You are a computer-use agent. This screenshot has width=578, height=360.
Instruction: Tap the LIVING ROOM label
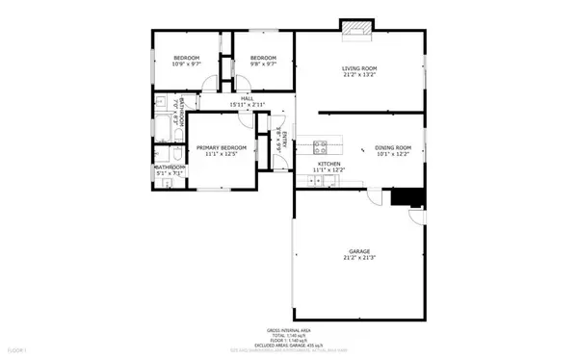(359, 68)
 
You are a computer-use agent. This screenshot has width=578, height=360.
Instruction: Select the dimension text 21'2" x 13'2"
(359, 75)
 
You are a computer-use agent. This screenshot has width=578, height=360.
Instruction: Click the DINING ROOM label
(392, 147)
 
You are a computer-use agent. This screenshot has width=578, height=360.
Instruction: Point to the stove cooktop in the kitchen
(321, 147)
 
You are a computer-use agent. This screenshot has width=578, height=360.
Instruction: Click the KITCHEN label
(330, 165)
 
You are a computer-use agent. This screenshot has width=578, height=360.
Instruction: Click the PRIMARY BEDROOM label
(222, 147)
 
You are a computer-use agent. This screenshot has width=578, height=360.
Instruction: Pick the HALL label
(247, 97)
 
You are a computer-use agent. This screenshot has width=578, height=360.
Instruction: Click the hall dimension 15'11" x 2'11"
(247, 104)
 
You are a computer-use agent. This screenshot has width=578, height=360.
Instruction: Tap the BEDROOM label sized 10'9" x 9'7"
(186, 59)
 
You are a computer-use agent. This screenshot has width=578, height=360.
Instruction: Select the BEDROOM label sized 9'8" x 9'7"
(263, 59)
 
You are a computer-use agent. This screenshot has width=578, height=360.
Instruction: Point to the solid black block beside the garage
(408, 196)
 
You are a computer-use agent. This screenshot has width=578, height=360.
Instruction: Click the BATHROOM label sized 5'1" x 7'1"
(171, 167)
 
